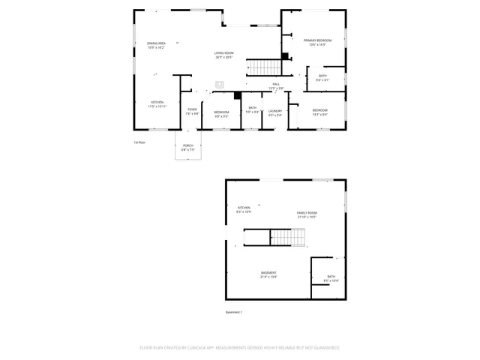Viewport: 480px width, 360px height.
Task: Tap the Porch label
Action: point(187,147)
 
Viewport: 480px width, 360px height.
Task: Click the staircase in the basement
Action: point(288,238)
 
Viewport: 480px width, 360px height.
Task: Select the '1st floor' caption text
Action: point(139,142)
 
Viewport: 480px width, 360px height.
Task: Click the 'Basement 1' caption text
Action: point(234,312)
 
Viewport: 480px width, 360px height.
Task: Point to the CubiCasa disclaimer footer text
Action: point(239,348)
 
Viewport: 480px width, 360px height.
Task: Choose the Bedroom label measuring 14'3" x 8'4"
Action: point(320,112)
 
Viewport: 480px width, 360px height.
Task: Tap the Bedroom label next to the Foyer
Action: point(222,114)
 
